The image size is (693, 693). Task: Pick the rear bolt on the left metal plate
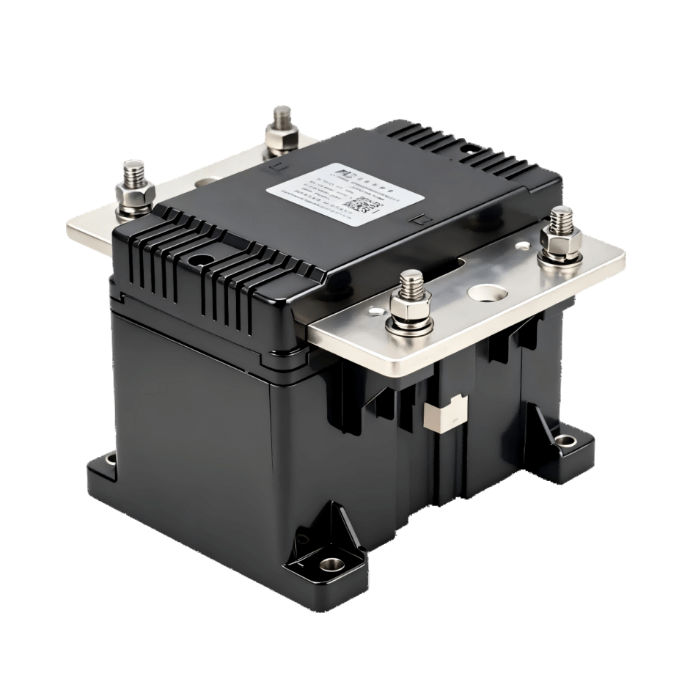(282, 132)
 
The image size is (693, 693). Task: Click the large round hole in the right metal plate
(488, 293)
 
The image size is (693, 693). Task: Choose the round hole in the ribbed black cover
(199, 259)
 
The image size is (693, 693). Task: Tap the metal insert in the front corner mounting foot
(331, 565)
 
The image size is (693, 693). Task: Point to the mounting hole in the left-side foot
(111, 461)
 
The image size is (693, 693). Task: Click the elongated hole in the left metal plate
(207, 183)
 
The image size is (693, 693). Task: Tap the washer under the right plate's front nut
(411, 324)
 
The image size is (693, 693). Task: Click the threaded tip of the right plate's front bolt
(411, 282)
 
